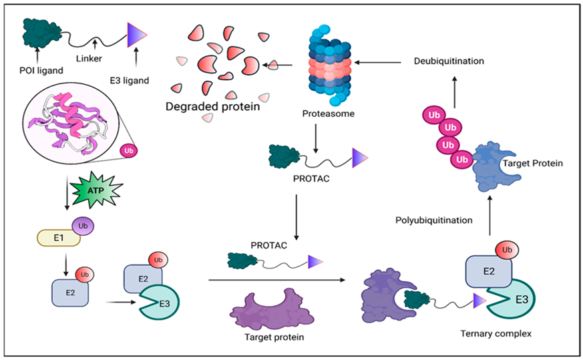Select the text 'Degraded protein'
209,106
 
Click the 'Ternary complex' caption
496,333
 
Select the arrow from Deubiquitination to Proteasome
377,61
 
